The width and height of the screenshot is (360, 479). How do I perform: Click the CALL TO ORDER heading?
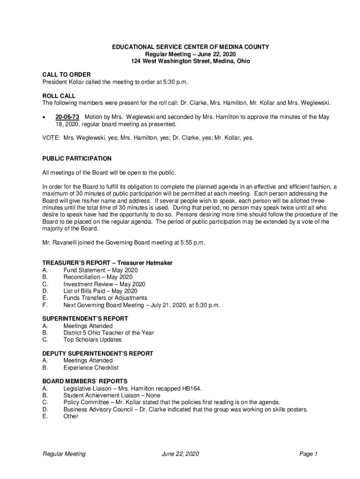point(66,75)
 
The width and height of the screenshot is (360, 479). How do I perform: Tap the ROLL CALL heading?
point(59,96)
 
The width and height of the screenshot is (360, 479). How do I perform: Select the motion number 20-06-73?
point(67,117)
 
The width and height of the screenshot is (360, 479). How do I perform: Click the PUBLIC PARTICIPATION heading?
point(77,159)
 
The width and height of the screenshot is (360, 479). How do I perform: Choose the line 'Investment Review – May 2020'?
point(104,284)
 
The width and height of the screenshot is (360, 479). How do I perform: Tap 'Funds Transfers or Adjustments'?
point(105,298)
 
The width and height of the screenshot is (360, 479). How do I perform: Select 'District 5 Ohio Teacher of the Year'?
point(108,333)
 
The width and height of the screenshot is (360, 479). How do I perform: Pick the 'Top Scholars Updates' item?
point(92,340)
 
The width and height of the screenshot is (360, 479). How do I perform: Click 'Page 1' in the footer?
point(309,454)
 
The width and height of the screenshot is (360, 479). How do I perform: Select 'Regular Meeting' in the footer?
point(64,454)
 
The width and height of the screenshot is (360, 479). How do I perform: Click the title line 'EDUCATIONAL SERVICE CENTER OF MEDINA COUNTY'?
point(190,47)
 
